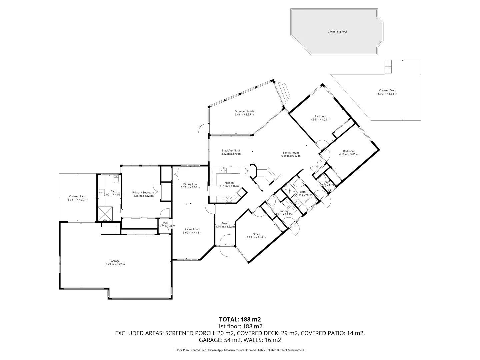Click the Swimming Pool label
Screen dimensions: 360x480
tap(337, 32)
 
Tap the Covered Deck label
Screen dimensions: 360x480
tap(387, 90)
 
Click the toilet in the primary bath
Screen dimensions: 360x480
tap(115, 180)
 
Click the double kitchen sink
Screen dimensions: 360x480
tap(223, 170)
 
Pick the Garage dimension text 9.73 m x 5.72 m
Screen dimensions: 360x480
tap(115, 264)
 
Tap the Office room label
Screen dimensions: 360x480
tap(256, 234)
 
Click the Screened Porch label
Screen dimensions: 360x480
tap(244, 111)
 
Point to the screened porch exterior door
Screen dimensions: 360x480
tap(203, 129)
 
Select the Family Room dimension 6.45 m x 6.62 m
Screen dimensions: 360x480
tap(291, 156)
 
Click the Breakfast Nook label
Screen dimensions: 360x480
tap(231, 150)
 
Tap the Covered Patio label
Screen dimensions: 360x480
tap(77, 196)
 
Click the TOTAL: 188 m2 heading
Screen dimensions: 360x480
tap(240, 319)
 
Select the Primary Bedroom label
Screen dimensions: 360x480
tap(143, 192)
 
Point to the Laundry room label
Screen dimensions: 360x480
tap(283, 211)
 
